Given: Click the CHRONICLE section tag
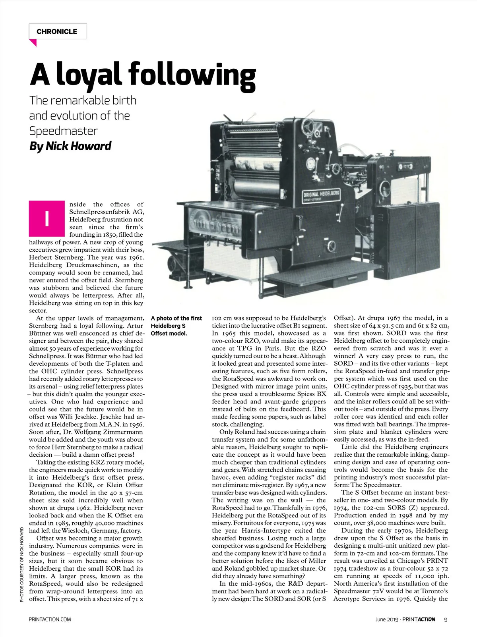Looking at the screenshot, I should pos(57,32).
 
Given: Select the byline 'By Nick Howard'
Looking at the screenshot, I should pos(70,146).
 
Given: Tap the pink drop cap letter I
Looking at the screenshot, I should pos(47,218).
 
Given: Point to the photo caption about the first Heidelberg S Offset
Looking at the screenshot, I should pos(176,326).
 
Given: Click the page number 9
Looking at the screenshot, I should pos(446,619).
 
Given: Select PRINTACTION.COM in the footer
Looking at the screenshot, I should pos(50,619).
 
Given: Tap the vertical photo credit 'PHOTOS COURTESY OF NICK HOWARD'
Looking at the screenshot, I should pos(22,564).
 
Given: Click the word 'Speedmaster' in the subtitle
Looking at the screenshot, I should pos(64,131).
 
